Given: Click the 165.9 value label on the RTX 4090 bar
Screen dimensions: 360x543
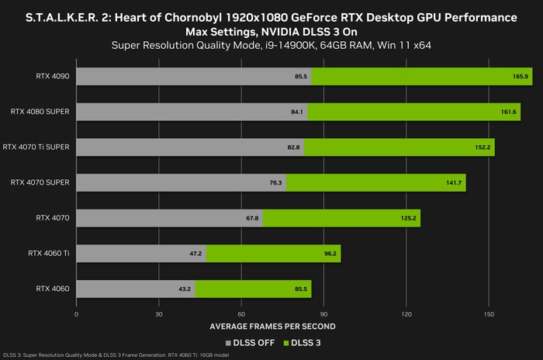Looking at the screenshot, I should click(x=521, y=77).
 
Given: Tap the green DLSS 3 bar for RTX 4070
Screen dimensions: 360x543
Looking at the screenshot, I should click(x=341, y=218).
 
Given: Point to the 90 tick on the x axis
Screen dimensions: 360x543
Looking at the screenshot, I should click(x=323, y=314).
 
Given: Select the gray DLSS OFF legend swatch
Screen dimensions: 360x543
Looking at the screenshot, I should click(x=228, y=341).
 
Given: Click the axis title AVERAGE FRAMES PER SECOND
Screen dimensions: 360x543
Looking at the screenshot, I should click(x=271, y=326).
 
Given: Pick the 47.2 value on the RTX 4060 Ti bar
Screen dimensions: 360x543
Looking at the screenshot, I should click(x=195, y=254).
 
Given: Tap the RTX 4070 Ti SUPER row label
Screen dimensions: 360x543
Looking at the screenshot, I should click(x=36, y=147).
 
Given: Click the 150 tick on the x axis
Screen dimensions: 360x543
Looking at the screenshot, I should click(x=489, y=314).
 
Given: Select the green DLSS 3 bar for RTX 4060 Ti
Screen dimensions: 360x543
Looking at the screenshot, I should click(x=273, y=253).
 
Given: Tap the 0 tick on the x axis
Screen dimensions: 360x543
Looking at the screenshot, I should click(x=76, y=314).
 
